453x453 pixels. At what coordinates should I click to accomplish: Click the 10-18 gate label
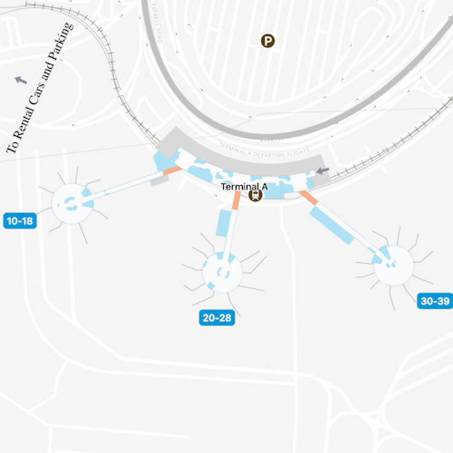pos(20,220)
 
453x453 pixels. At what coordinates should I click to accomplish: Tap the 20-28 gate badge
pos(217,318)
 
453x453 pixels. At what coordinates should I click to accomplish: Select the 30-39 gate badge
pos(435,301)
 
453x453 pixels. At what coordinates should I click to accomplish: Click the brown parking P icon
pos(267,41)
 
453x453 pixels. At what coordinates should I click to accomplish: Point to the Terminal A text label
pos(244,187)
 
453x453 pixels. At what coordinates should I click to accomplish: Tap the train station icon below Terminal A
pos(255,195)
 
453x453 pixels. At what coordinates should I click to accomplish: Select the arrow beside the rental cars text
pos(21,79)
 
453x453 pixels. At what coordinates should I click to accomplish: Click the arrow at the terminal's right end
pos(323,171)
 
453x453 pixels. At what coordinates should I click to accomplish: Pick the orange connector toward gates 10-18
pos(172,171)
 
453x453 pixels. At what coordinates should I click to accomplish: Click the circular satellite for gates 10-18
pos(72,204)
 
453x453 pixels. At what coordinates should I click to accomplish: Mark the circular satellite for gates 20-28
pos(222,272)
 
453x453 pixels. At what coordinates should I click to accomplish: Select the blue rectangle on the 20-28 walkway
pos(223,223)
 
